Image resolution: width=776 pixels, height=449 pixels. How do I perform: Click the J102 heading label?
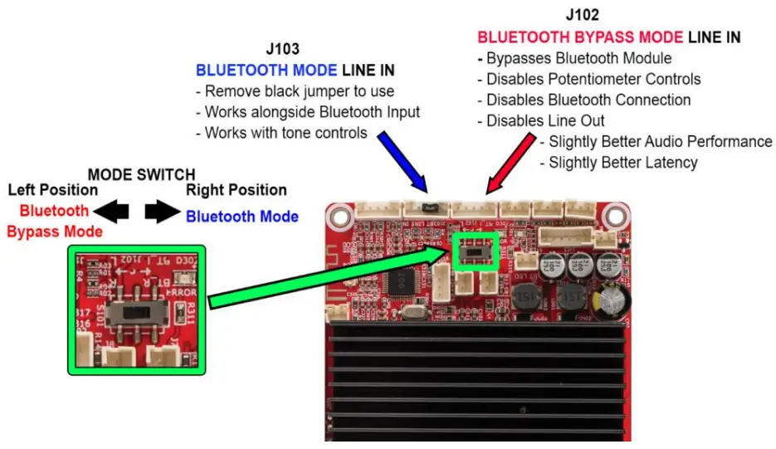pos(583,16)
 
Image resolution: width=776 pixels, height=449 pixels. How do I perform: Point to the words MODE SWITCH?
pos(142,175)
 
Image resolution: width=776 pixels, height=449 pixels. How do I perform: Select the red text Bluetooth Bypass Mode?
pos(55,221)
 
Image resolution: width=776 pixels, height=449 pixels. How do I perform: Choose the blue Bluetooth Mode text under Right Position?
pos(242,217)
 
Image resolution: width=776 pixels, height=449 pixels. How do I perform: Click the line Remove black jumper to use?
pos(295,91)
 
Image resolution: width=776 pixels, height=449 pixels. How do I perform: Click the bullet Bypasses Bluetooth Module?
pos(574,59)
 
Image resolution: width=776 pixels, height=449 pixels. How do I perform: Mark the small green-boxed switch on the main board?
pos(474,251)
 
